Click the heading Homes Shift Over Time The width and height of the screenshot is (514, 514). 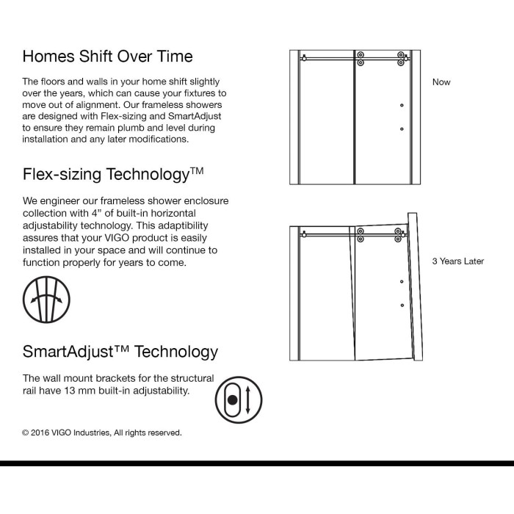click(107, 56)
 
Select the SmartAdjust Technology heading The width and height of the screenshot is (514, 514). click(120, 352)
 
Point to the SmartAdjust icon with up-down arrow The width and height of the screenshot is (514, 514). click(239, 400)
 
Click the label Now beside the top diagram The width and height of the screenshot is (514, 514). click(441, 82)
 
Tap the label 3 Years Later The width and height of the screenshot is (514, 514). click(457, 261)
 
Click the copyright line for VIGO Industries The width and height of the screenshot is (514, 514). click(101, 432)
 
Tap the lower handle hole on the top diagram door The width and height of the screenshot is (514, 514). click(402, 128)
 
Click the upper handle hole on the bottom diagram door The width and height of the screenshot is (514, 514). click(402, 282)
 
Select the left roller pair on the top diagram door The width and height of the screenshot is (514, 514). click(360, 59)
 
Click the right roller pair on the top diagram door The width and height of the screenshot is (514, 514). click(401, 59)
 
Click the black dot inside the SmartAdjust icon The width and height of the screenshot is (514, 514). click(233, 401)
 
